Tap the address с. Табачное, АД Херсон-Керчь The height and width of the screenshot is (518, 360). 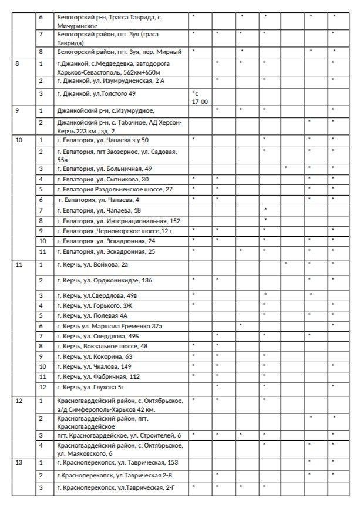coord(120,125)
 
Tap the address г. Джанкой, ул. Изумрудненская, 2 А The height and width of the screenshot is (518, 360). coord(108,80)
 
